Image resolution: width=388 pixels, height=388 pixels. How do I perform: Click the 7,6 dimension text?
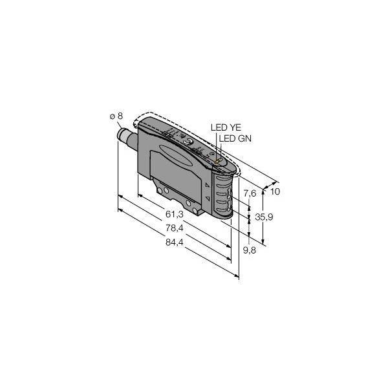click(249, 192)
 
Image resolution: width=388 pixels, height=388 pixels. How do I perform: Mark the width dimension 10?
click(274, 192)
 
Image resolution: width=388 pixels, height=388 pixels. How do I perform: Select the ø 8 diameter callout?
click(116, 116)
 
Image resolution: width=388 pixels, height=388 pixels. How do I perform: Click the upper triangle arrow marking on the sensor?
click(206, 185)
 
